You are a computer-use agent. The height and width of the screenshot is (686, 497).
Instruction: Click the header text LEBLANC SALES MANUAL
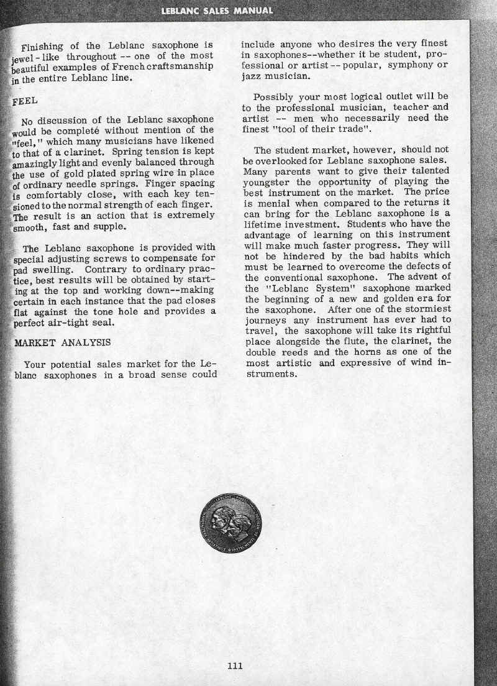[217, 11]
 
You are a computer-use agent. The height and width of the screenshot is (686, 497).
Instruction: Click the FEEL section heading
[25, 101]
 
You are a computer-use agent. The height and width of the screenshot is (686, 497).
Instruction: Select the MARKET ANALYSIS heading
[62, 342]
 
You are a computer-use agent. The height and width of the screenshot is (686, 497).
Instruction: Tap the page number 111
[235, 666]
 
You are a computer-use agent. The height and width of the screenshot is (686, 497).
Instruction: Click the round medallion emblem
[235, 523]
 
